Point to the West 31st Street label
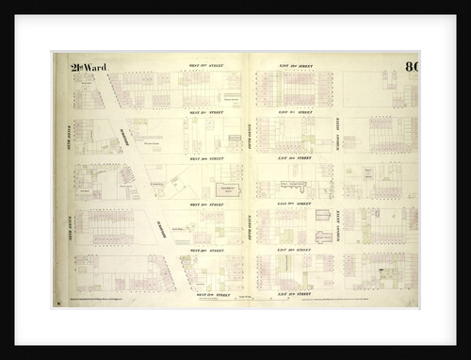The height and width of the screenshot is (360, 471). [x=204, y=112]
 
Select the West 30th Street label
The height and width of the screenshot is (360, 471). [x=204, y=158]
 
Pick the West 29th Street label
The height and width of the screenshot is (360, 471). [x=204, y=204]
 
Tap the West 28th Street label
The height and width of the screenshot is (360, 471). [x=204, y=249]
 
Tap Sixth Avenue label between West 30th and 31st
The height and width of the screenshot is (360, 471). [x=63, y=135]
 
